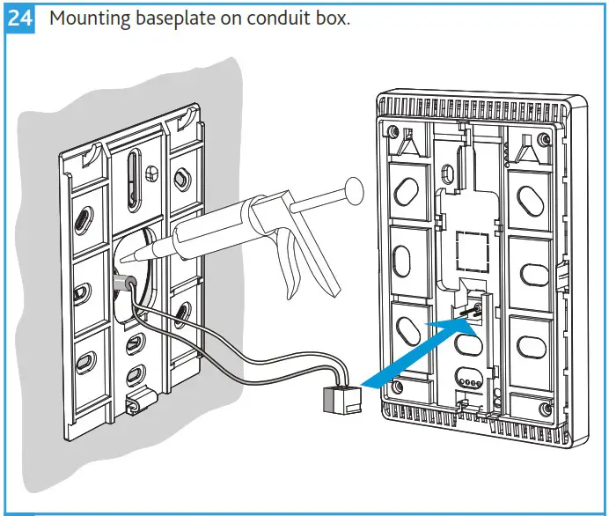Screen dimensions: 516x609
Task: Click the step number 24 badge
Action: coord(18,18)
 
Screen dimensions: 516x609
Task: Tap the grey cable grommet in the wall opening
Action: coord(125,283)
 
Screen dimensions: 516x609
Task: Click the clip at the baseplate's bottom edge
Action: coord(136,404)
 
